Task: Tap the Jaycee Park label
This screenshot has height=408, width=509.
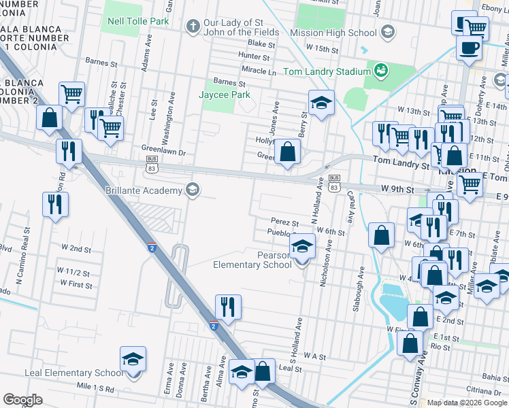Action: (225, 95)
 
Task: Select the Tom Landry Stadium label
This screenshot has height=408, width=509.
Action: (327, 71)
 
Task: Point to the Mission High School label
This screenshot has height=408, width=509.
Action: (334, 32)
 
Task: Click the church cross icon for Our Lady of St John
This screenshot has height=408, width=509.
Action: (193, 27)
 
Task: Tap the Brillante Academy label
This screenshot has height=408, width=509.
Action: (144, 190)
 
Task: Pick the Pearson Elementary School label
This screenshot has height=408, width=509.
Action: (252, 260)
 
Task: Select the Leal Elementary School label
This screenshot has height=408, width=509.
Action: (73, 373)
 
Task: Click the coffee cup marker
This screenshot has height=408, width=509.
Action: (469, 48)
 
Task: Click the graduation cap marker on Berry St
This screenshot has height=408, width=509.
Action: (321, 103)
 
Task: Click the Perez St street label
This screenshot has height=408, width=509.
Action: (284, 222)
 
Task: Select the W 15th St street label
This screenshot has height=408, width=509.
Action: (322, 49)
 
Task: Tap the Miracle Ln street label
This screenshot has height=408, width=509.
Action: (259, 71)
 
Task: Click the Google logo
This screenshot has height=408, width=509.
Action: (23, 400)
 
